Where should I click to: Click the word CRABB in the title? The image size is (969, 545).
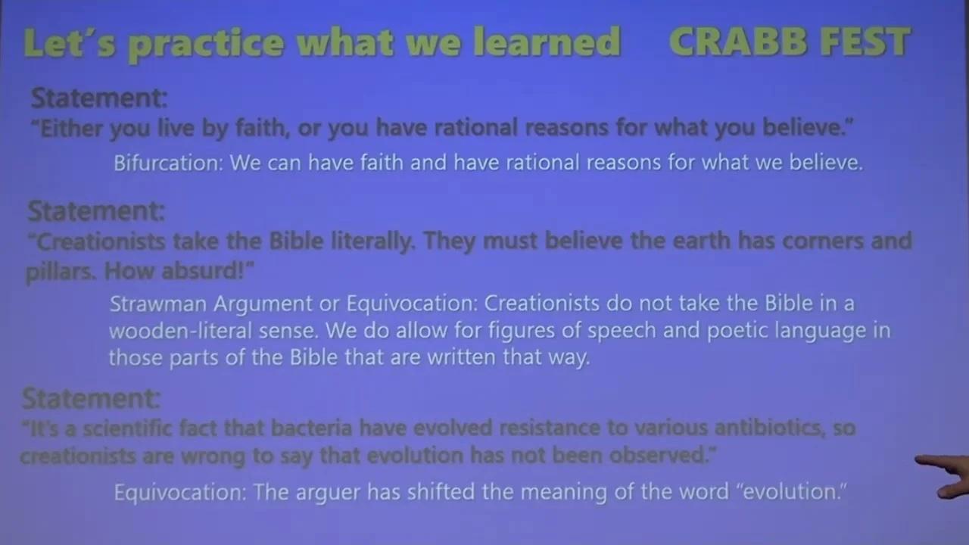[x=738, y=42]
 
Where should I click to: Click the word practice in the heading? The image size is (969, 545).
[x=206, y=44]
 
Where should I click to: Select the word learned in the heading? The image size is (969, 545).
[x=547, y=42]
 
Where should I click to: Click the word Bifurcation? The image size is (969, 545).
[x=168, y=163]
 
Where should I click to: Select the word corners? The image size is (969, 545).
[x=823, y=241]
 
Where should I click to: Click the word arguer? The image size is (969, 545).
[x=328, y=493]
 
